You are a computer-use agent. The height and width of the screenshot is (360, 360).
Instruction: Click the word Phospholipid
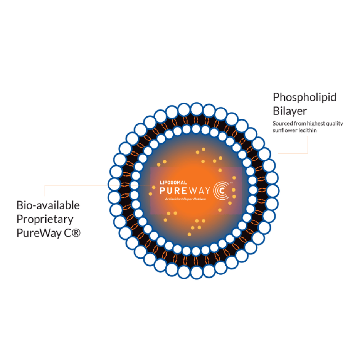coord(304,97)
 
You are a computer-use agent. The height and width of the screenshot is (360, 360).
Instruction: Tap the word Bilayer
coord(290,111)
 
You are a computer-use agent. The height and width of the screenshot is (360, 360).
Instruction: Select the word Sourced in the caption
coord(282,124)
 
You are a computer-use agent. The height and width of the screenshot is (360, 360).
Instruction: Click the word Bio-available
coord(48,205)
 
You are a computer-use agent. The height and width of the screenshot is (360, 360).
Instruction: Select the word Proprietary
coord(45,219)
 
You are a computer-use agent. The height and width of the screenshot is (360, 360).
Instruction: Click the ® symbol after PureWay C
coord(76,233)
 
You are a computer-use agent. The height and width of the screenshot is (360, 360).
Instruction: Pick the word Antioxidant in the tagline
coord(174,199)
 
